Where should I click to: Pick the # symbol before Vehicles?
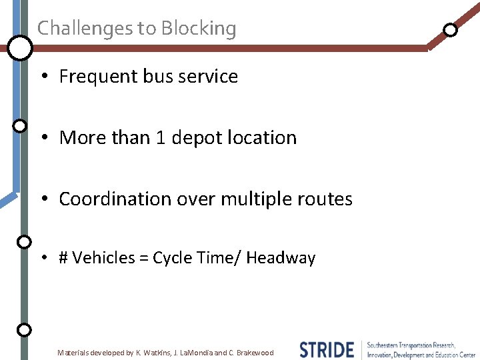pyautogui.click(x=63, y=258)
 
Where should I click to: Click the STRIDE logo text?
pyautogui.click(x=327, y=349)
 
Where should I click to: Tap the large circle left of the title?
pyautogui.click(x=20, y=47)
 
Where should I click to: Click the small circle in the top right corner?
pyautogui.click(x=451, y=29)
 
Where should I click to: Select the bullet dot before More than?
pyautogui.click(x=42, y=138)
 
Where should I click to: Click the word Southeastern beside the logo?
pyautogui.click(x=385, y=345)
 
